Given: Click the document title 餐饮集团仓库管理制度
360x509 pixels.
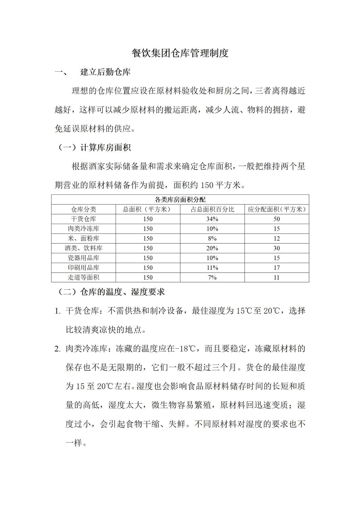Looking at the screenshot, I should [x=180, y=53].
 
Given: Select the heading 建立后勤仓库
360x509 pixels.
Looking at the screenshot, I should [x=105, y=72].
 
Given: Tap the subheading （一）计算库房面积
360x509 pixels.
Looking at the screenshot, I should [x=94, y=148].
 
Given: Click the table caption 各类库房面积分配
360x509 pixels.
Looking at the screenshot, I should [x=180, y=200].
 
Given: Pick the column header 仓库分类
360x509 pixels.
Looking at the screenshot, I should [x=84, y=209].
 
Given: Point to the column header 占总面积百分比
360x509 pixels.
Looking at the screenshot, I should [x=212, y=209].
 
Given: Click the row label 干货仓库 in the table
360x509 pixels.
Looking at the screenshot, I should [x=84, y=219].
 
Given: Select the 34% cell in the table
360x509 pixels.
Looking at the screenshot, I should [x=212, y=219].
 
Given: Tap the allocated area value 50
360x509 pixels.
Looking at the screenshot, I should [x=277, y=219].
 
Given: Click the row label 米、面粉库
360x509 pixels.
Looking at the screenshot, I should [x=84, y=239].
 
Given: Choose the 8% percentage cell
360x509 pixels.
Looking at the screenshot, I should [x=212, y=239].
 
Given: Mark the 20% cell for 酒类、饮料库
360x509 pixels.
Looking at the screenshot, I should [x=212, y=248].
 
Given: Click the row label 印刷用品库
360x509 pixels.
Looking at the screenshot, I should [x=84, y=268].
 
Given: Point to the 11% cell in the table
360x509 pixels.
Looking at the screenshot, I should [x=212, y=268].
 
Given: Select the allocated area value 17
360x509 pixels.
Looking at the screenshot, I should [x=277, y=268].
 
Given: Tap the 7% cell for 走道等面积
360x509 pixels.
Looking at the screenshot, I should [x=212, y=277].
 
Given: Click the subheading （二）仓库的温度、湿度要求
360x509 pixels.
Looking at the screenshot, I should [x=111, y=292].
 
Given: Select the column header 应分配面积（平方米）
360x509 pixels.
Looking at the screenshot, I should [x=277, y=209].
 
